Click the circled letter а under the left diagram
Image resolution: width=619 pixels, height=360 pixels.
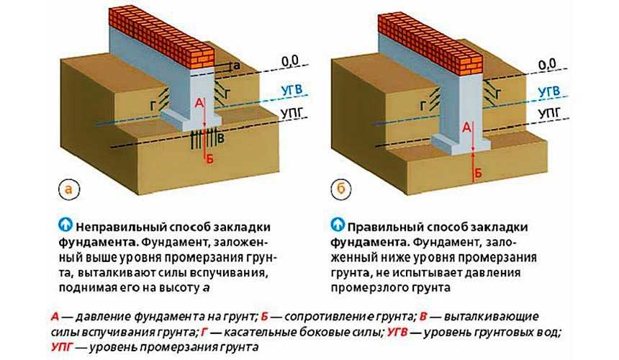(x=69, y=189)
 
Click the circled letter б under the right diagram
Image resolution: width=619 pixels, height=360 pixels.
(x=341, y=189)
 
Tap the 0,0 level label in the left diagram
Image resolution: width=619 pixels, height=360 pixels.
(x=290, y=61)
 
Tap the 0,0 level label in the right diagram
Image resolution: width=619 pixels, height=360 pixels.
(x=547, y=65)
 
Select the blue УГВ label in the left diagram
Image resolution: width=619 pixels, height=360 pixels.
(x=292, y=90)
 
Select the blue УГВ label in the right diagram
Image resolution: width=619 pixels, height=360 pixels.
(x=548, y=92)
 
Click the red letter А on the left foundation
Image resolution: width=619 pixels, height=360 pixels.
(x=199, y=104)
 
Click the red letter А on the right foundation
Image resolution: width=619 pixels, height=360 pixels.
(x=466, y=127)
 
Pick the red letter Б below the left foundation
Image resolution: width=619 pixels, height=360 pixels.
(x=209, y=159)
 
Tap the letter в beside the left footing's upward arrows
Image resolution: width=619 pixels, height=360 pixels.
(x=221, y=138)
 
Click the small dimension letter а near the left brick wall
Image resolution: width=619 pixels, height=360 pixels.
(x=237, y=66)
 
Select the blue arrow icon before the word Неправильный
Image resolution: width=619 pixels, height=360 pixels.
(x=65, y=225)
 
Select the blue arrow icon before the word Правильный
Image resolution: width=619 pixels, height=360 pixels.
(x=338, y=225)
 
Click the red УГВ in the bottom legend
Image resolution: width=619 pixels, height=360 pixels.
(x=397, y=333)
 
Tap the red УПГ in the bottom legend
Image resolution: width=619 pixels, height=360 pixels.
(x=62, y=347)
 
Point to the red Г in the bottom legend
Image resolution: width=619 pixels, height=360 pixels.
(x=204, y=333)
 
